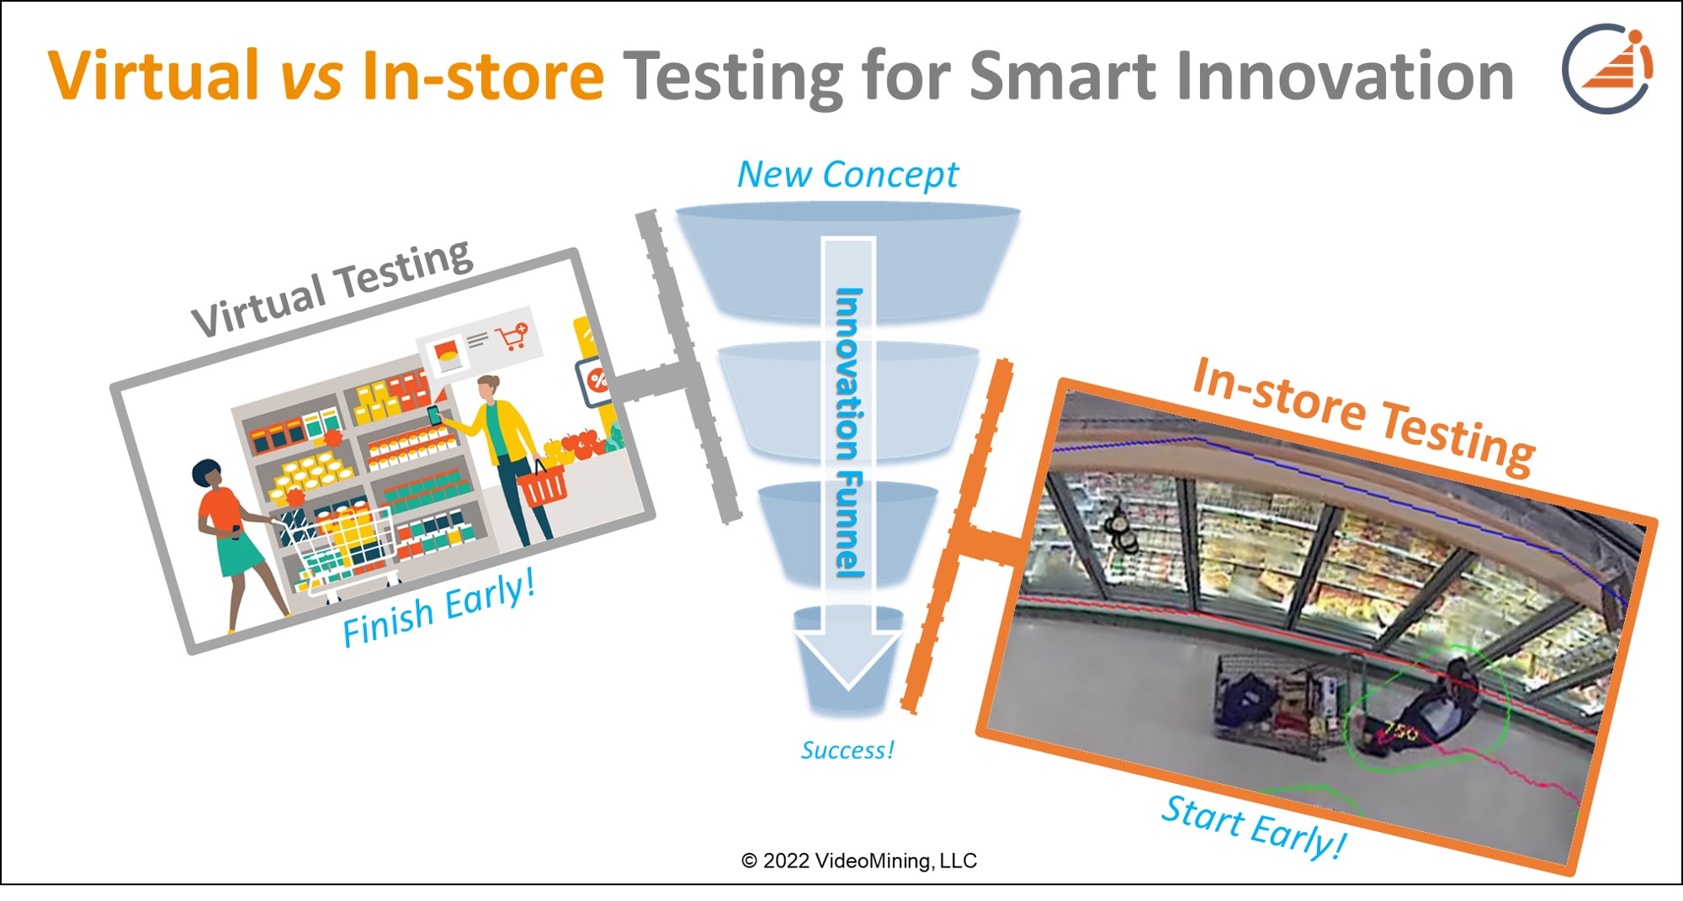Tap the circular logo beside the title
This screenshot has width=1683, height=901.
1606,69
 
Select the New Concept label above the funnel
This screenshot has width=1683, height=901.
847,175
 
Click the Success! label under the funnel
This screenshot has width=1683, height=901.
847,750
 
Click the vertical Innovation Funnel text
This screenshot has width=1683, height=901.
849,433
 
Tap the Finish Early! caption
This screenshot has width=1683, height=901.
438,609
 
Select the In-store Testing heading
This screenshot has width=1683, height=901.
1363,416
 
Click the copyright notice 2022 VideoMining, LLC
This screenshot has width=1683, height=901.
858,861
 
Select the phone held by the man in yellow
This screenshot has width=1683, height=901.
434,415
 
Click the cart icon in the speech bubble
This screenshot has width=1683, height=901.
512,337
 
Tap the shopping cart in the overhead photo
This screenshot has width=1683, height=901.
1279,698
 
